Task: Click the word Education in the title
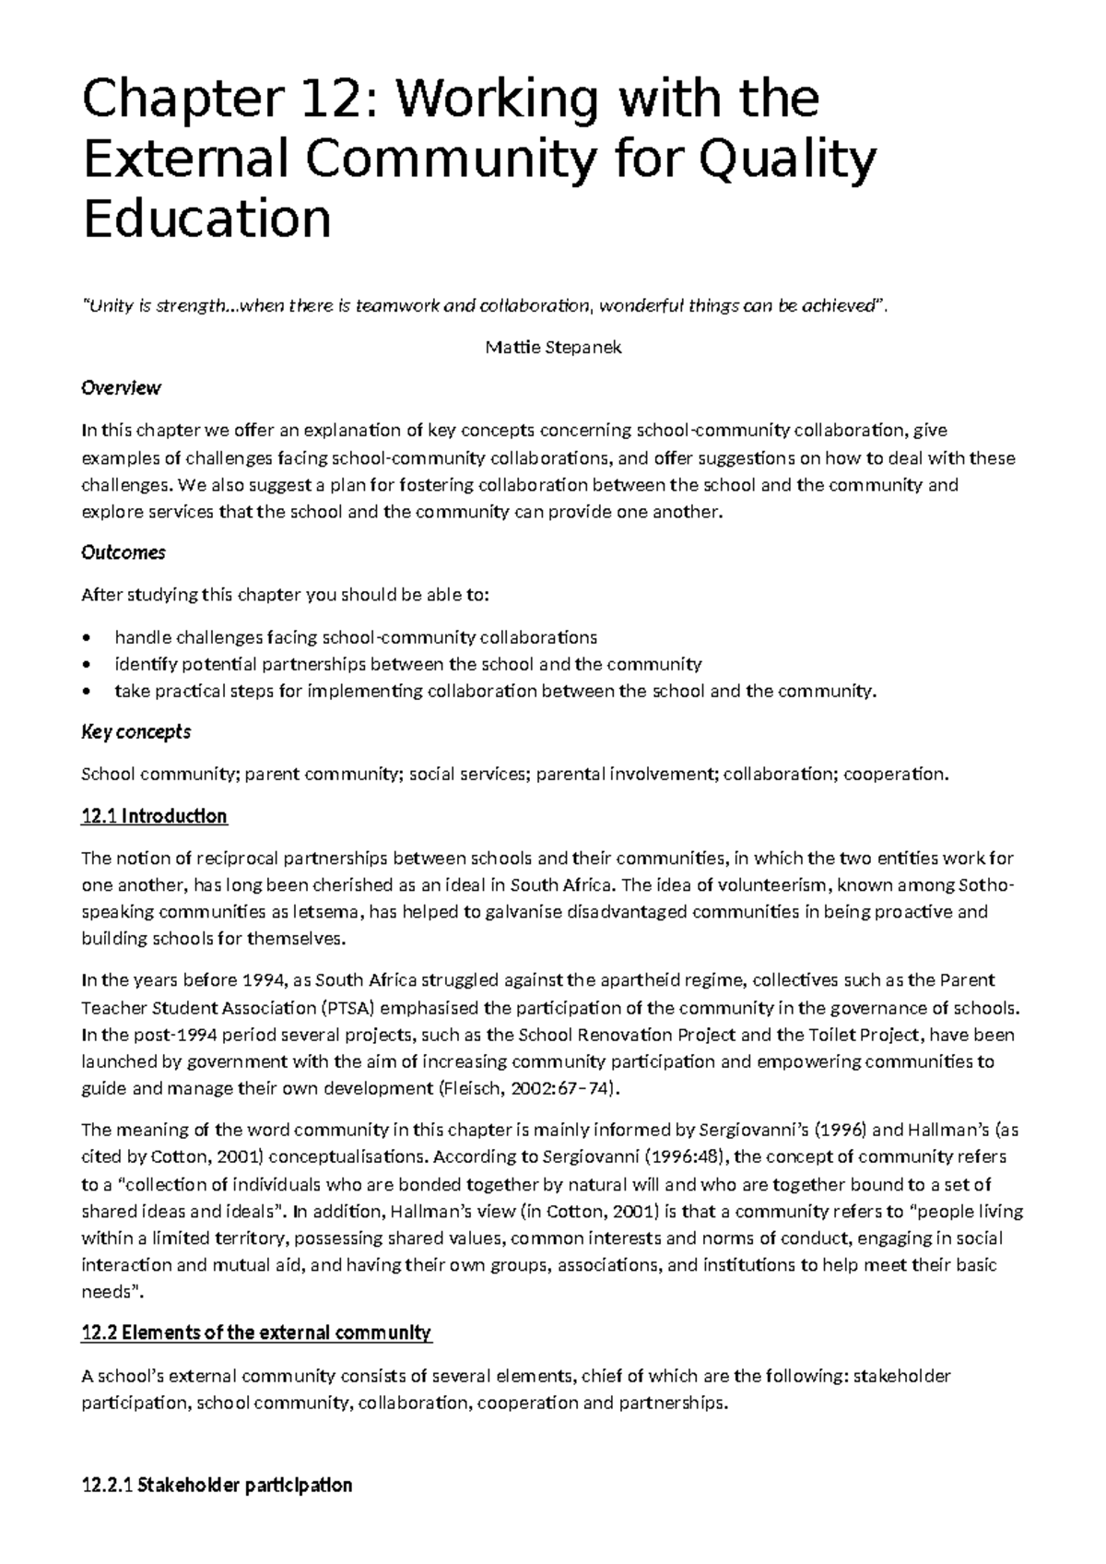(x=206, y=219)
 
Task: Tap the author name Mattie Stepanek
(x=552, y=348)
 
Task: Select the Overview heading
(x=121, y=388)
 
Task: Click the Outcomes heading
(x=123, y=552)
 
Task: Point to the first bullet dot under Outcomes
(x=87, y=637)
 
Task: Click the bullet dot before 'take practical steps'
(x=87, y=692)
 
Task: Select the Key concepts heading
(x=135, y=732)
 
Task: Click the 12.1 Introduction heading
(x=154, y=816)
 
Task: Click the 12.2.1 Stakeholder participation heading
(x=217, y=1486)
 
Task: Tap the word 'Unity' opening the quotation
(x=109, y=307)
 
